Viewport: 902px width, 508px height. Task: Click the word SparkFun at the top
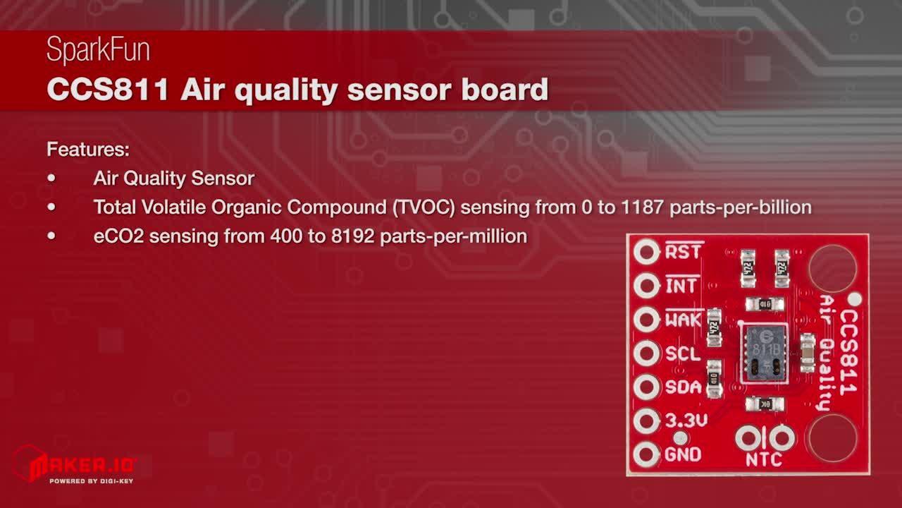click(98, 50)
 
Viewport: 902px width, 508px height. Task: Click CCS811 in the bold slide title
click(107, 90)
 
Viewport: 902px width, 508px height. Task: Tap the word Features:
click(87, 150)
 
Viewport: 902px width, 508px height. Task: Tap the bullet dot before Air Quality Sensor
click(51, 179)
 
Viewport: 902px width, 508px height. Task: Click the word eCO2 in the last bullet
click(118, 236)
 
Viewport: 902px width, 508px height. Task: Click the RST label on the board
click(683, 252)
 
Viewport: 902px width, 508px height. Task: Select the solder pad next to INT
click(646, 286)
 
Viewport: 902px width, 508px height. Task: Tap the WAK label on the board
click(683, 320)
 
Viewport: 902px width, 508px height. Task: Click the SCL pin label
click(683, 353)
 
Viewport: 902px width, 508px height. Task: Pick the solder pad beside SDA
click(646, 387)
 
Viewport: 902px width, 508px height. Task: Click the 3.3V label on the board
click(686, 421)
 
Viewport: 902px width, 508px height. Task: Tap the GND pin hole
click(646, 455)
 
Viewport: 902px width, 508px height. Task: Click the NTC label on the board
click(764, 460)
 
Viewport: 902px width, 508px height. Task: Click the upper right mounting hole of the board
click(832, 269)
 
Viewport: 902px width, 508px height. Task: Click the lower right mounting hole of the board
click(832, 437)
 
